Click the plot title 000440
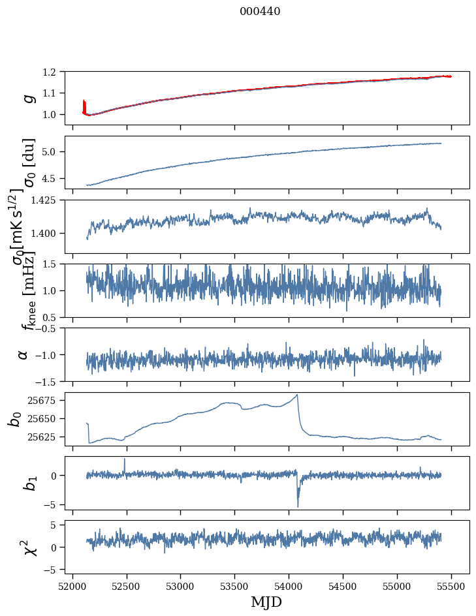pyautogui.click(x=260, y=12)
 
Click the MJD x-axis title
pyautogui.click(x=266, y=602)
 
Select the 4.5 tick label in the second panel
pyautogui.click(x=56, y=179)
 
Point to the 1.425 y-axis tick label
pyautogui.click(x=50, y=200)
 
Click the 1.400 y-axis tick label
pyautogui.click(x=50, y=234)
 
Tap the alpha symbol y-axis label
pyautogui.click(x=24, y=354)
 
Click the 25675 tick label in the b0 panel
pyautogui.click(x=48, y=400)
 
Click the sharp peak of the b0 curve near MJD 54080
pyautogui.click(x=298, y=395)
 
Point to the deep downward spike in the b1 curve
pyautogui.click(x=298, y=506)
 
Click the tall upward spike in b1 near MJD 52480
pyautogui.click(x=125, y=459)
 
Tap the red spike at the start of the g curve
pyautogui.click(x=84, y=104)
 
